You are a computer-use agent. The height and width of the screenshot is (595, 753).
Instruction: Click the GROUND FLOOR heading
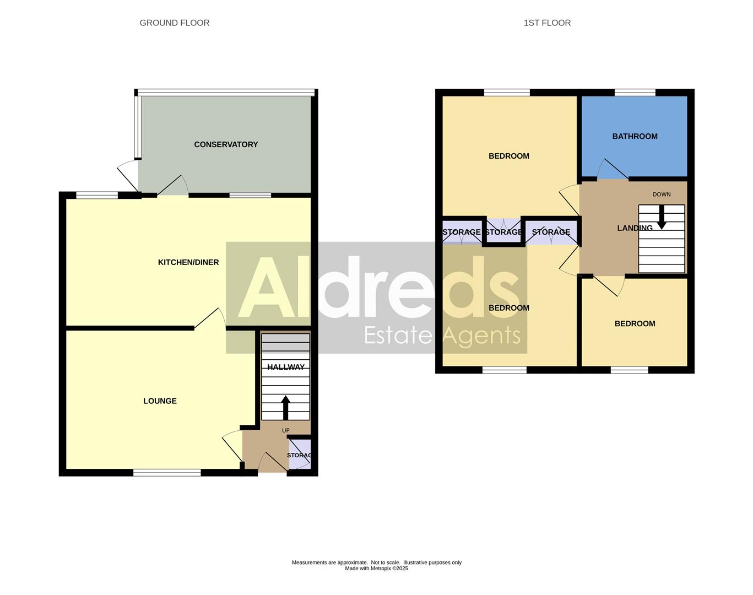coord(174,23)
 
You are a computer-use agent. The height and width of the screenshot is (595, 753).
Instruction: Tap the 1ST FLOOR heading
coord(547,23)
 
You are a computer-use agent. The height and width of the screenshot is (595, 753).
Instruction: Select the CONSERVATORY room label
coord(226,144)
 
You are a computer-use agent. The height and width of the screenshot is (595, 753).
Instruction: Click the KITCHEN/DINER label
coord(188,262)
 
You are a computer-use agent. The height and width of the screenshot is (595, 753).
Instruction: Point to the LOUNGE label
coord(160,401)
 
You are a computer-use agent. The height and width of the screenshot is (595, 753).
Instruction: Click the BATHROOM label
coord(635,136)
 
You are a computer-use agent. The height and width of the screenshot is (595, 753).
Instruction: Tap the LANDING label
coord(635,228)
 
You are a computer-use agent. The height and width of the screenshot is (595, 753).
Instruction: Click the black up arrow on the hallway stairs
coord(285,408)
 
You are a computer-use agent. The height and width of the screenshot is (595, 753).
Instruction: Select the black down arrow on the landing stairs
coord(662,217)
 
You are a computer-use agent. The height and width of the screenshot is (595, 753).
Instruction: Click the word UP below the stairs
coord(285,430)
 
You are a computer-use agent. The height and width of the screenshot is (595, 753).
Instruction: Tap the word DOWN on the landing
coord(662,194)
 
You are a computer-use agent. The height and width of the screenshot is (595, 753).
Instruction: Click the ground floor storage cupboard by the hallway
coord(300,455)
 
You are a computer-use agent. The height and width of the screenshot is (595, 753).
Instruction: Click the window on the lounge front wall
coord(167,472)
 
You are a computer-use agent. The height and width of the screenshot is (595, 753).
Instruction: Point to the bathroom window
coord(635,93)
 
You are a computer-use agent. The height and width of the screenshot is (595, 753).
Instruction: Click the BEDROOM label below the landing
coord(635,323)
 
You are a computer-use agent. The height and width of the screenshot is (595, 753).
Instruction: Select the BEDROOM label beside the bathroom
coord(508,156)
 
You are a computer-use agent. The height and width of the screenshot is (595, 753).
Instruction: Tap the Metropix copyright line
coord(376,569)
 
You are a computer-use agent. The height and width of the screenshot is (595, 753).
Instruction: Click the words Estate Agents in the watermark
coord(442,334)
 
